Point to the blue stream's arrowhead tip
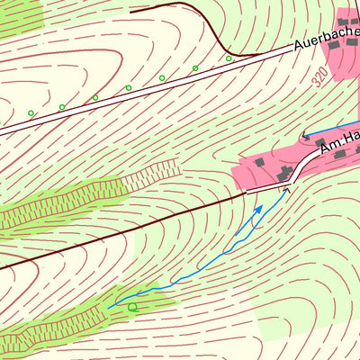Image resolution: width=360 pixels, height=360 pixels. pyautogui.click(x=262, y=206)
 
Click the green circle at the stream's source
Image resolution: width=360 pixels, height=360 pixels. pyautogui.click(x=132, y=308)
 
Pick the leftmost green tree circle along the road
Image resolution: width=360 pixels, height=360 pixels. pyautogui.click(x=30, y=113)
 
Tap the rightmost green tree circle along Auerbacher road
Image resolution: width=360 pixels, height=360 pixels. pyautogui.click(x=229, y=58)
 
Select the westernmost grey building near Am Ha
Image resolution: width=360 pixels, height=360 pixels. pyautogui.click(x=260, y=162)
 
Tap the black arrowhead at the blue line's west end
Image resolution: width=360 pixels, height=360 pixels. pyautogui.click(x=306, y=137)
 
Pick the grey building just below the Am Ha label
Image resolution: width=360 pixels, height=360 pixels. pyautogui.click(x=339, y=155)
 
